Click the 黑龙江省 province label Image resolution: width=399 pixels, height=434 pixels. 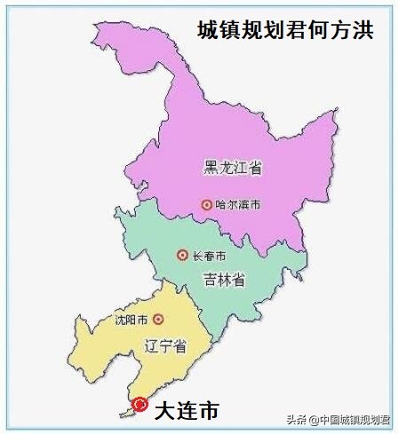click(233, 168)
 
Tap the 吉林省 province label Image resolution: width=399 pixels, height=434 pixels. click(223, 280)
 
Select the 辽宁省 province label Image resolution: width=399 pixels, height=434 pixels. click(165, 345)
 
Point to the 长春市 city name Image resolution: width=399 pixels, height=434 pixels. click(209, 256)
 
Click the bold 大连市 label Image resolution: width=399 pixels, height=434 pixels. click(186, 411)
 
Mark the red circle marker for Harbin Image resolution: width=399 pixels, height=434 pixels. click(207, 204)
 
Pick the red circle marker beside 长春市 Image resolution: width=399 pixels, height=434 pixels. click(182, 256)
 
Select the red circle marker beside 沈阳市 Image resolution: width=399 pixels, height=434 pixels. click(158, 319)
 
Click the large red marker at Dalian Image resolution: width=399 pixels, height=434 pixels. click(140, 405)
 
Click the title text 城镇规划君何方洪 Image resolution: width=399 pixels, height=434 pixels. click(284, 30)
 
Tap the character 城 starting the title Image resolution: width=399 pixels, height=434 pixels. click(208, 30)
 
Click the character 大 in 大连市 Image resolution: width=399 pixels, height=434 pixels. click(165, 411)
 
